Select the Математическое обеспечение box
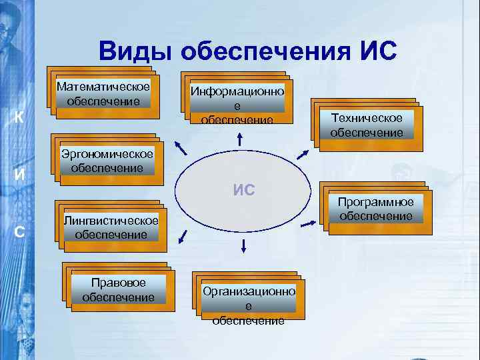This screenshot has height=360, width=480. [x=103, y=94]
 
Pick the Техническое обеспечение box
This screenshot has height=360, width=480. [x=366, y=124]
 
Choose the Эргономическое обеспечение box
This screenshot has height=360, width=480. [x=106, y=161]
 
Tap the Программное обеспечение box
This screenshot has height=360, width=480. [x=375, y=209]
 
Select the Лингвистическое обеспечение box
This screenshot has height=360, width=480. [x=111, y=227]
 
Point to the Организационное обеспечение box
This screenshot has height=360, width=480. [x=247, y=299]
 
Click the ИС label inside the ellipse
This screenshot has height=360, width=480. [x=244, y=189]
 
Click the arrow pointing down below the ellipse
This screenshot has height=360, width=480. [x=243, y=245]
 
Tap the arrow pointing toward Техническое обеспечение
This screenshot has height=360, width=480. [x=301, y=154]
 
